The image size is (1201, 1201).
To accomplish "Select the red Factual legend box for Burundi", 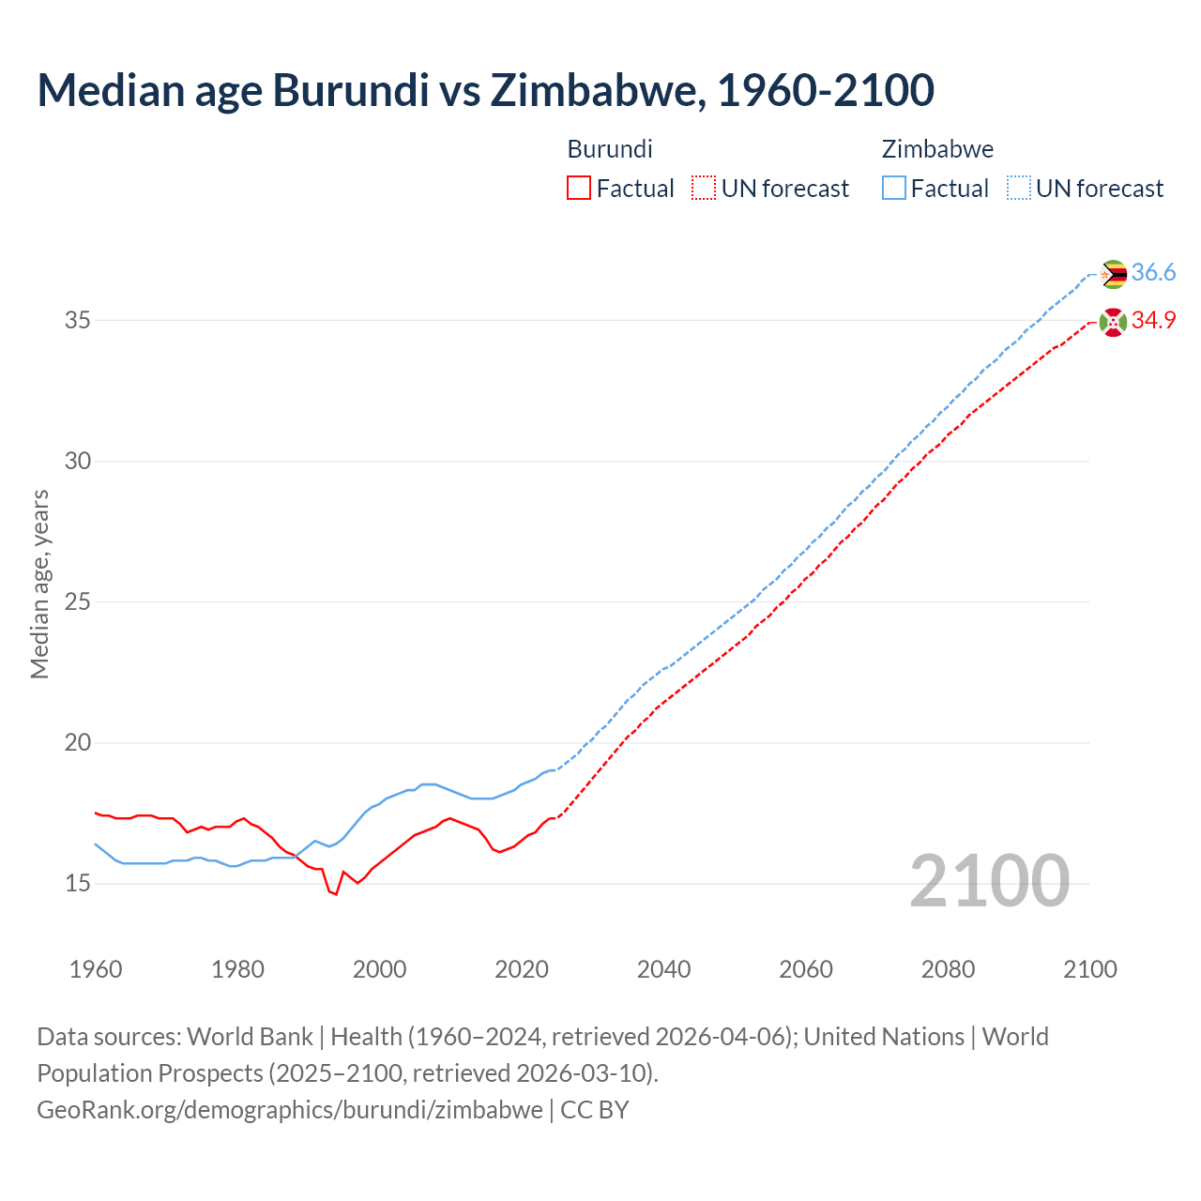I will pos(579,189).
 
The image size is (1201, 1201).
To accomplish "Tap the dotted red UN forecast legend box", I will pos(704,189).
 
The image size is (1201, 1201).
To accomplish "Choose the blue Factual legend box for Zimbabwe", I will pos(894,189).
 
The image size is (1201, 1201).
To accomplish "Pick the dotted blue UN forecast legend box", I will pos(1019,189).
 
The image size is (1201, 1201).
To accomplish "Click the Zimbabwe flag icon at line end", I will pos(1113,274).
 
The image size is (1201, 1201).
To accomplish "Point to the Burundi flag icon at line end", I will pos(1113,322).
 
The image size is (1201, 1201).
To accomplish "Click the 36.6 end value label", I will pos(1153,273).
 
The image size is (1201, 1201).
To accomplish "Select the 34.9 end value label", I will pos(1153,321).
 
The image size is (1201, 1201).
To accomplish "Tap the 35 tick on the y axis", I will pos(77,321).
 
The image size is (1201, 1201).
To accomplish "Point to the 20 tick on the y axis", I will pos(77,743).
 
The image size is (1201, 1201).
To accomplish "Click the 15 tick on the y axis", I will pos(77,884).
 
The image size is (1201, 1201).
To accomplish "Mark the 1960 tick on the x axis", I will pos(96,969).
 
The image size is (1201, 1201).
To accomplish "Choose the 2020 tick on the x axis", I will pos(522,969).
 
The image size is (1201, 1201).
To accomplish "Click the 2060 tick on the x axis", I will pos(806,969).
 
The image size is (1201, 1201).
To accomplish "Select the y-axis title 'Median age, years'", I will pos(39,584).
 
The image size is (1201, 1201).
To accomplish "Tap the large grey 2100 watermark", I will pos(989,881).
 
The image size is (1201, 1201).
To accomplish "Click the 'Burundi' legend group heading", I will pos(610,149).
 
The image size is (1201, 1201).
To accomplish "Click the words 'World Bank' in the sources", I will pos(250,1037).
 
